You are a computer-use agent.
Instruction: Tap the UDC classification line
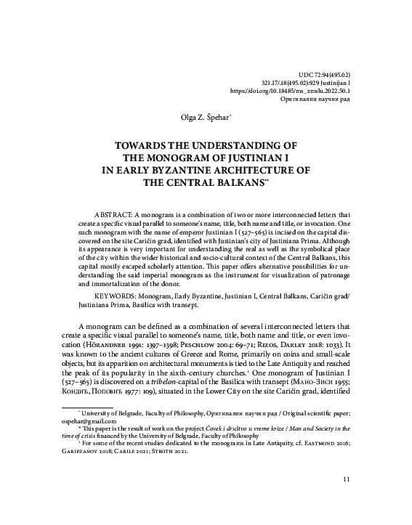325,74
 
